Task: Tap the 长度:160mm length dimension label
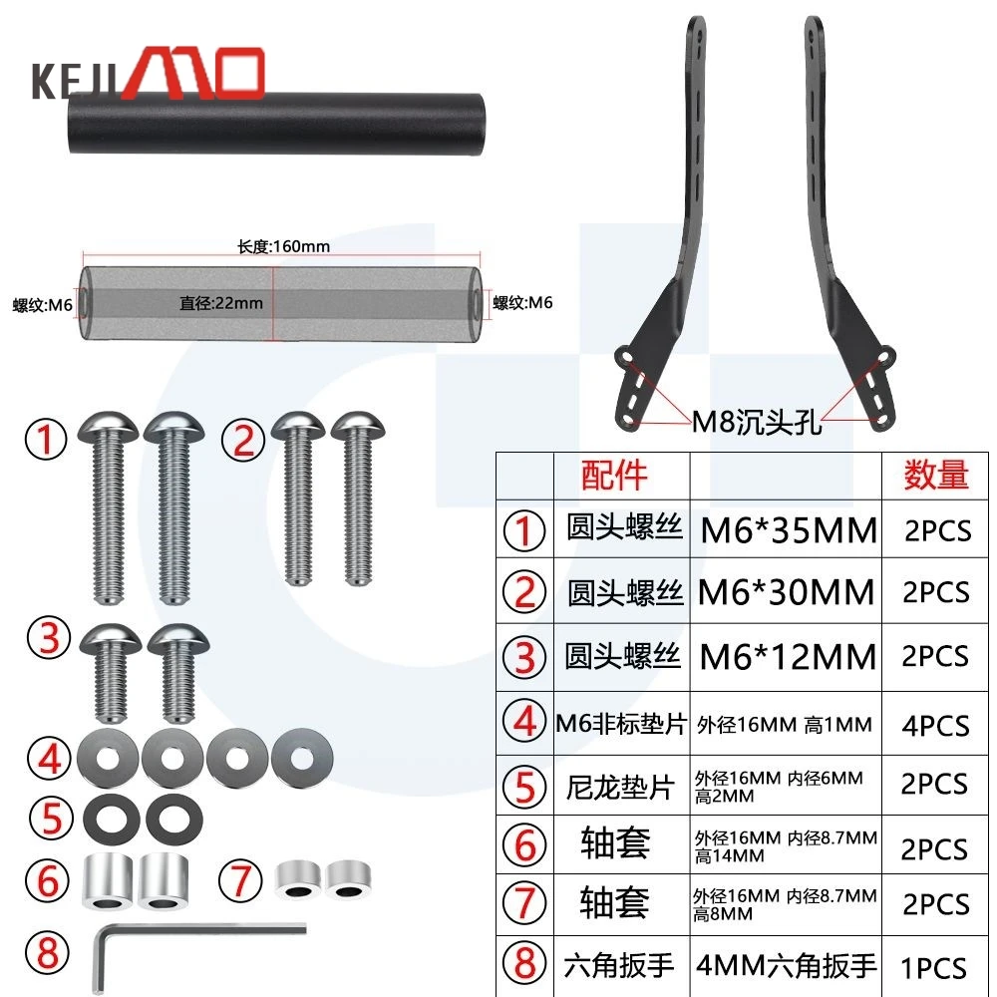(283, 246)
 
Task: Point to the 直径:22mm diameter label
(220, 303)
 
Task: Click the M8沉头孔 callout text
(756, 422)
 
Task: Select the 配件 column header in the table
(613, 475)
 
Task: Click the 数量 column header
(936, 475)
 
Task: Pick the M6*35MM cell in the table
(789, 530)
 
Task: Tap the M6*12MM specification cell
(788, 657)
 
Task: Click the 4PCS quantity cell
(935, 726)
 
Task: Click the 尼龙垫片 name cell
(620, 788)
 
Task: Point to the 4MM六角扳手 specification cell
(787, 965)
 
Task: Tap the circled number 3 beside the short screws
(49, 638)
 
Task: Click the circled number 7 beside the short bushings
(240, 881)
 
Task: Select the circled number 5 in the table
(524, 786)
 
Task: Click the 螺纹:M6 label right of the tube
(522, 303)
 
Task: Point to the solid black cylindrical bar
(276, 124)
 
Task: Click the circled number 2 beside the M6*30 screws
(243, 440)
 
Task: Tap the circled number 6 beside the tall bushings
(48, 881)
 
